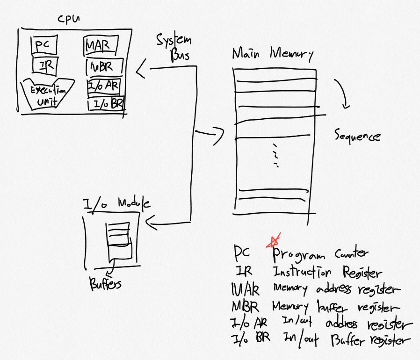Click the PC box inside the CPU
43,45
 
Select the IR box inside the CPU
45,65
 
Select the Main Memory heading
273,54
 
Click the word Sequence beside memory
357,136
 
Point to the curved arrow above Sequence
343,93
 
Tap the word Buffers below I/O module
105,283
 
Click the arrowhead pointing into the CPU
140,72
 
